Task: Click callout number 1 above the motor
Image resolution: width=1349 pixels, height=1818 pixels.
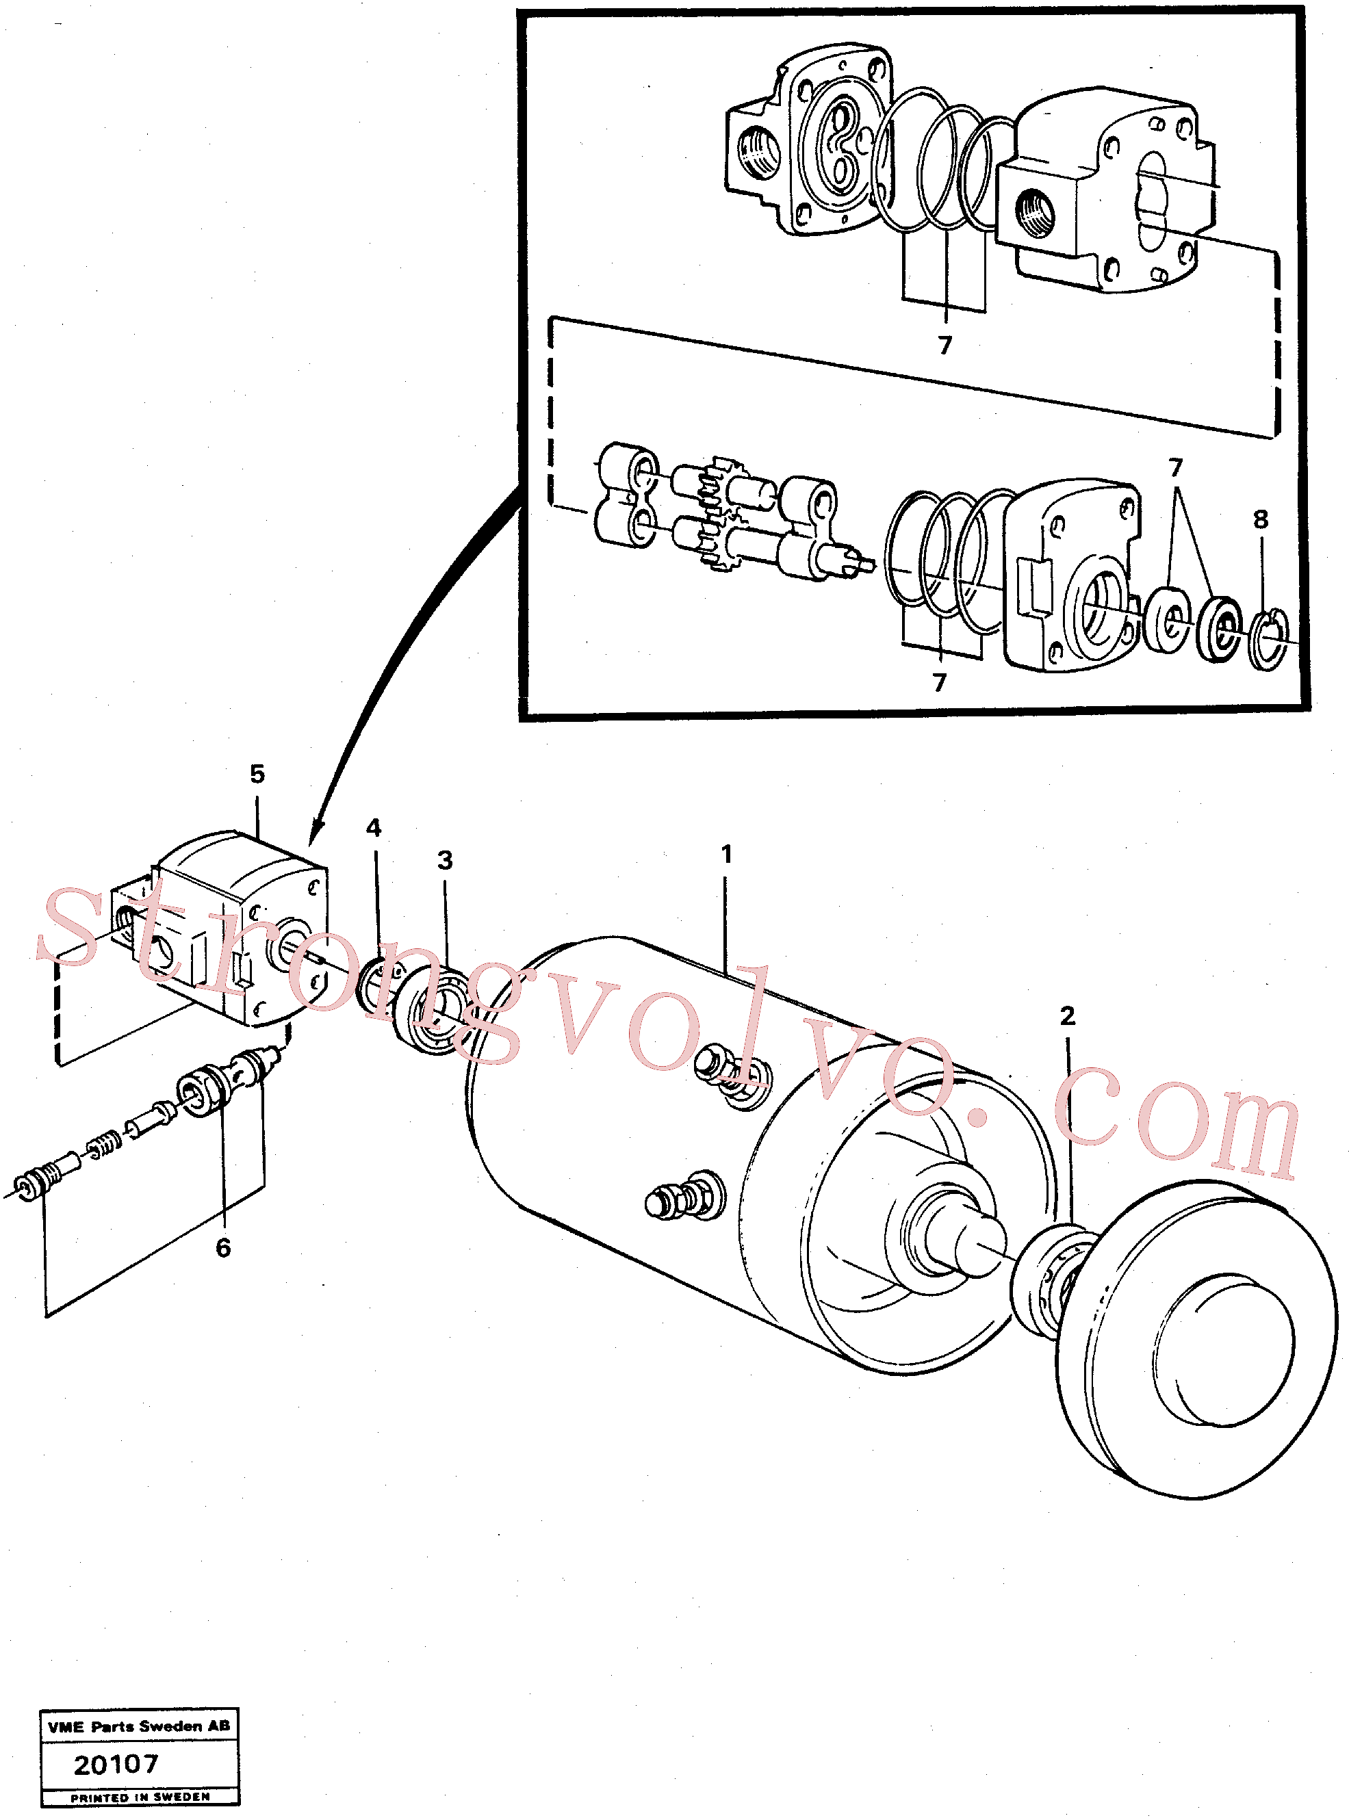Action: [x=726, y=855]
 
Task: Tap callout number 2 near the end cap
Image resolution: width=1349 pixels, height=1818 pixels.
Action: [x=1067, y=1015]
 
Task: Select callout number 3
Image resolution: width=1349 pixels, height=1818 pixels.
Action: [x=445, y=859]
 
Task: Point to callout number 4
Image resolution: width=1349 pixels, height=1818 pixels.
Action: [x=374, y=828]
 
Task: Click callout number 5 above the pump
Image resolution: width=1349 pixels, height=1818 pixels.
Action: [x=257, y=774]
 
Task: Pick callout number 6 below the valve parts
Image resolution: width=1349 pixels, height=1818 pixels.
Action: [x=223, y=1247]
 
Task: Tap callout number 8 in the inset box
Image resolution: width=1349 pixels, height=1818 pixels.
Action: [x=1261, y=519]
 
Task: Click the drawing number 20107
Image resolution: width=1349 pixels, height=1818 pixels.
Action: [x=116, y=1764]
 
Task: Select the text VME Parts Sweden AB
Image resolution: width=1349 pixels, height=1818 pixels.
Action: [x=139, y=1726]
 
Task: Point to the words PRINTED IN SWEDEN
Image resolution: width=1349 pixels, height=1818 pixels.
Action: [x=140, y=1797]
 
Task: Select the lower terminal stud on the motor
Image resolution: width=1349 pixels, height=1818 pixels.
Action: [x=684, y=1197]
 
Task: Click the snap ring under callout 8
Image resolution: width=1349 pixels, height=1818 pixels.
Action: [x=1269, y=639]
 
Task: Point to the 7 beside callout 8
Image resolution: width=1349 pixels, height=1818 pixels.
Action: [x=1175, y=468]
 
